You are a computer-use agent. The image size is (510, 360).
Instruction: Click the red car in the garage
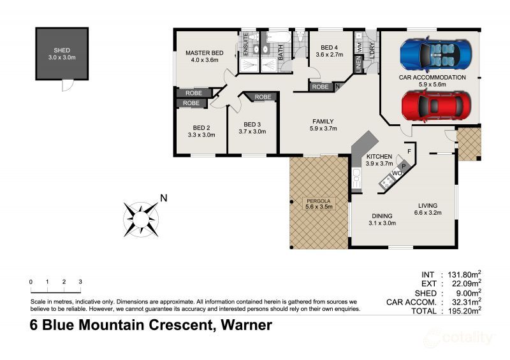[x=437, y=106]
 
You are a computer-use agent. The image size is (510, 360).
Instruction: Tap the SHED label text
[x=62, y=50]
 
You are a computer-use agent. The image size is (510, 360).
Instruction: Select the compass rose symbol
[x=142, y=219]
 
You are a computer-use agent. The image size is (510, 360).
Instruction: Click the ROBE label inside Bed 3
[x=262, y=97]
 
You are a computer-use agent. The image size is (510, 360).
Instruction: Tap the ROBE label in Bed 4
[x=320, y=87]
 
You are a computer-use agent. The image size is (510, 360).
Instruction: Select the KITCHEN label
[x=379, y=156]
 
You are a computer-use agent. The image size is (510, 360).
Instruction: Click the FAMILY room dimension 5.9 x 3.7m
[x=323, y=129]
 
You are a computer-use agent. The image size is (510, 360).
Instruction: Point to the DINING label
[x=382, y=215]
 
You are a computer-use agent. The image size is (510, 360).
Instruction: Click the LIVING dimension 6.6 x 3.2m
[x=427, y=213]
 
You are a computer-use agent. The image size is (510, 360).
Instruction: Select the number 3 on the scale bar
[x=80, y=282]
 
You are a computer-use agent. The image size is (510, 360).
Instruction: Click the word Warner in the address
[x=245, y=326]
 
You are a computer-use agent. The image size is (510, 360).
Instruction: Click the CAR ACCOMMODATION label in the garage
[x=432, y=78]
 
